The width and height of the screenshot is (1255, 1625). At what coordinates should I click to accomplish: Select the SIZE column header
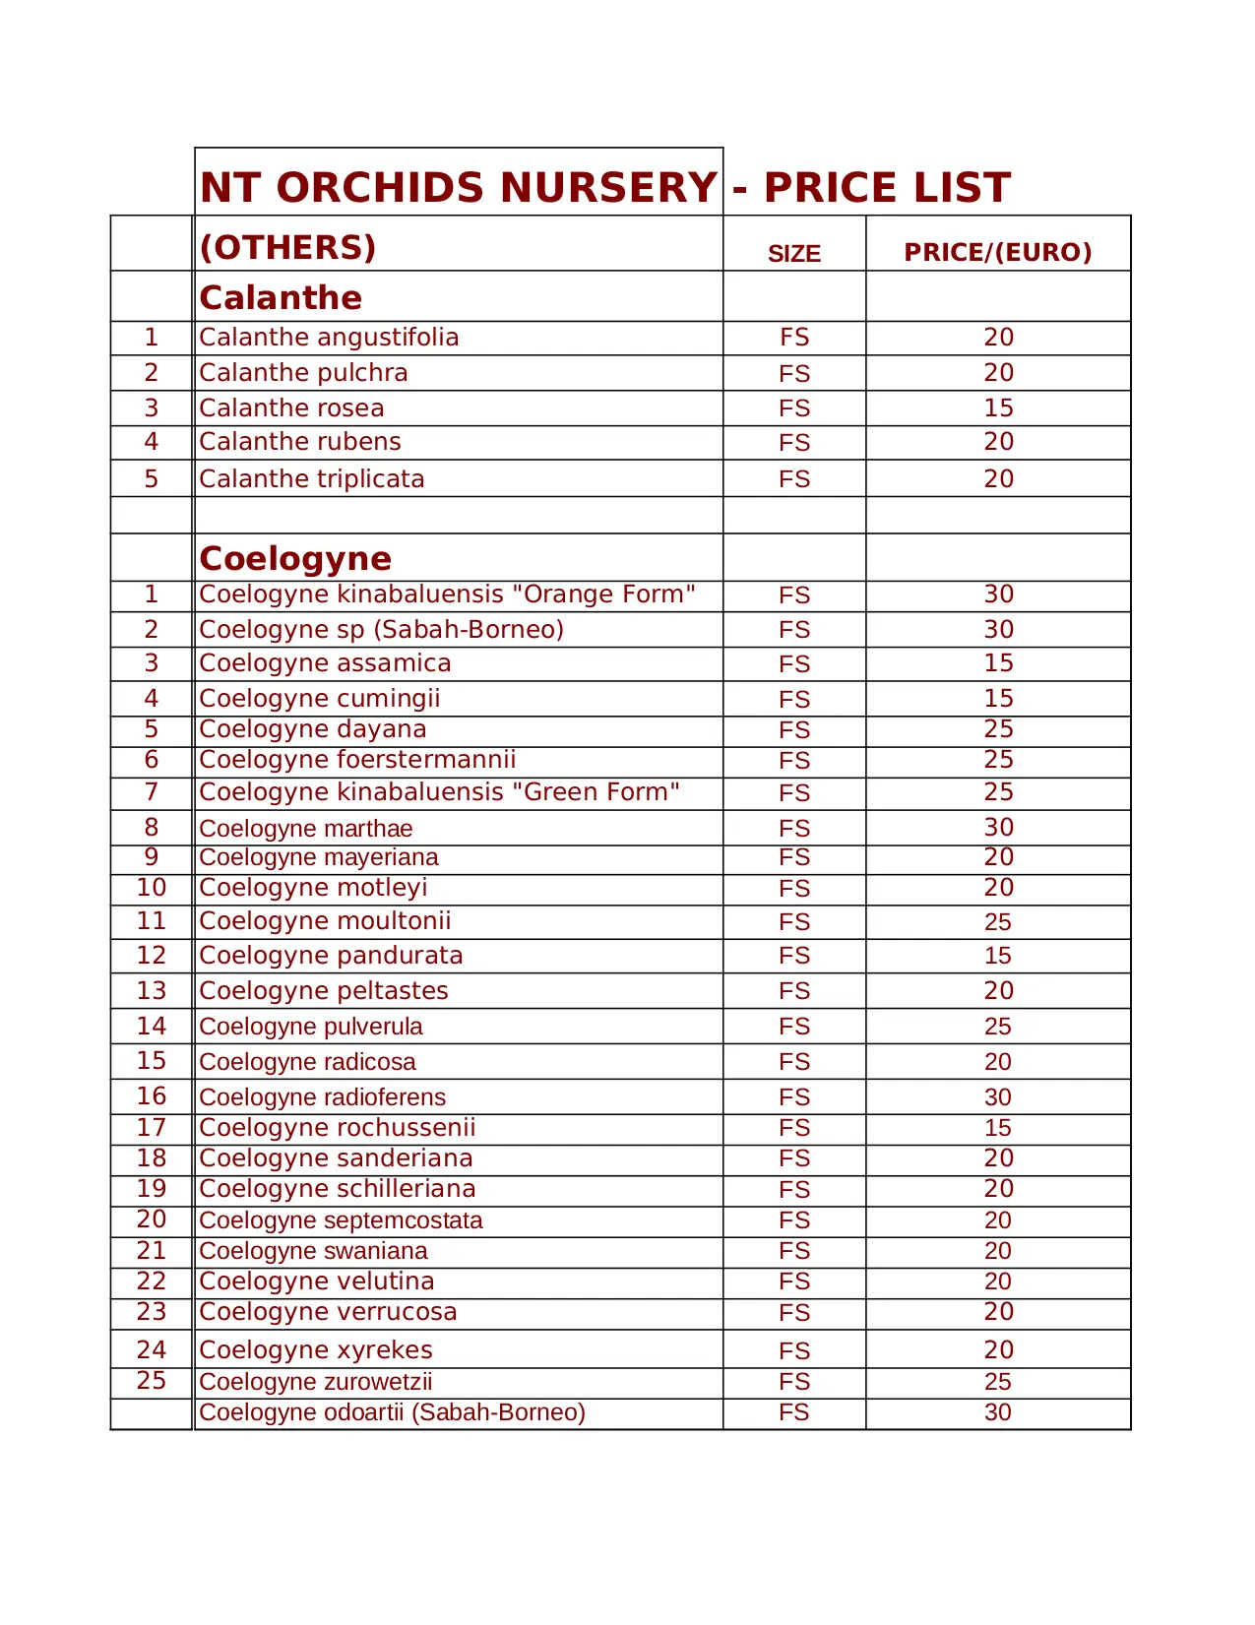793,254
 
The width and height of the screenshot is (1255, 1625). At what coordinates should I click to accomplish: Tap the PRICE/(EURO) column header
997,252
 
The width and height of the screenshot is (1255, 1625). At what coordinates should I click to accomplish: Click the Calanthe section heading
281,297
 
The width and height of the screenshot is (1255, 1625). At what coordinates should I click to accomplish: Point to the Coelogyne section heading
295,558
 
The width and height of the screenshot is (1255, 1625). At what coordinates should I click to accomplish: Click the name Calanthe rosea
291,407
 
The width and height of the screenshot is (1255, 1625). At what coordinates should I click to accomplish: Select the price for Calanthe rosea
998,407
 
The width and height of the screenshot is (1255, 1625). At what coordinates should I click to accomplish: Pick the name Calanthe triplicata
312,478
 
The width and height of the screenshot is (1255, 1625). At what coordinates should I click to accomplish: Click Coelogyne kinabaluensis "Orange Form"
447,594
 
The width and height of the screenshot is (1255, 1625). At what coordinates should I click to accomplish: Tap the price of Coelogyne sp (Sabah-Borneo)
998,629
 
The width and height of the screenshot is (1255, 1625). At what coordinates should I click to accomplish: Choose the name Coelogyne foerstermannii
357,760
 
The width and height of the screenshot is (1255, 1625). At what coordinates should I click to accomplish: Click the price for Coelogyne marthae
998,828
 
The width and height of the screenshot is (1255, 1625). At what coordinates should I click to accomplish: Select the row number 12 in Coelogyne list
152,956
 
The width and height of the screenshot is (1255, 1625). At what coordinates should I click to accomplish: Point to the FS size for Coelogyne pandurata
793,956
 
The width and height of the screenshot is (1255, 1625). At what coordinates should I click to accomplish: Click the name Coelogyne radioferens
322,1097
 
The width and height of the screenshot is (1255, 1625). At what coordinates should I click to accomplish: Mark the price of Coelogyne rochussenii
998,1128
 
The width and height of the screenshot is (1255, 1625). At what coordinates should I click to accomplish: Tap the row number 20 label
152,1219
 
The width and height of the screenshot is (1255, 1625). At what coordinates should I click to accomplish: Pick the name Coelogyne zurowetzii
315,1382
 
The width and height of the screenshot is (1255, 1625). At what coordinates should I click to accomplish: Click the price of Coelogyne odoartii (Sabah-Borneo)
998,1412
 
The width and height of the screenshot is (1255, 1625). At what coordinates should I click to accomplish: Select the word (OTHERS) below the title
287,247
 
